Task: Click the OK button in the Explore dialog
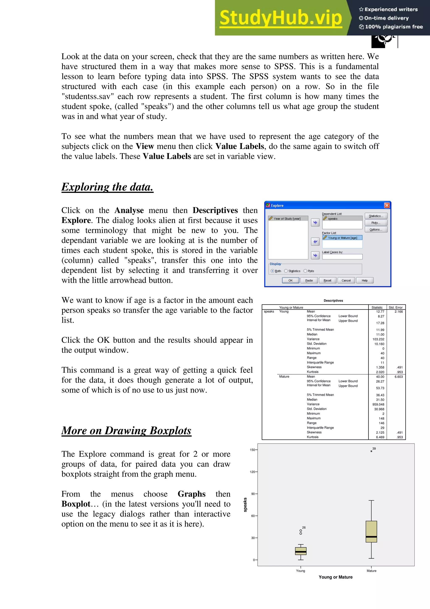[290, 280]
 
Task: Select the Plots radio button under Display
[305, 271]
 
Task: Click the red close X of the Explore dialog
[387, 205]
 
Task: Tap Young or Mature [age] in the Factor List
[342, 238]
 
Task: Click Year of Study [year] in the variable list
[287, 219]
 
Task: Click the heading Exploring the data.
[107, 187]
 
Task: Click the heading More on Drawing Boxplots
[126, 431]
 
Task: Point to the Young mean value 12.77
[380, 312]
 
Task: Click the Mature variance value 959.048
[378, 405]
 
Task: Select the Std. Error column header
[395, 307]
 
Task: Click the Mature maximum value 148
[381, 418]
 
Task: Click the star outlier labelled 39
[371, 451]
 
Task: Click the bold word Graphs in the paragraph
[191, 494]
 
